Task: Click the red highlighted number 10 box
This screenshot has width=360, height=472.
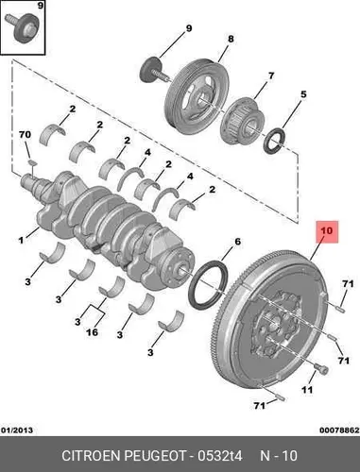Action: (327, 231)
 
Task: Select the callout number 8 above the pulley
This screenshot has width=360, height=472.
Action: (231, 39)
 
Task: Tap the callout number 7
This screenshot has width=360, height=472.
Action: (271, 76)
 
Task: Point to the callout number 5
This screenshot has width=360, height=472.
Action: (303, 94)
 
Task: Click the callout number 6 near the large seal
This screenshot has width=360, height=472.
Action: (237, 242)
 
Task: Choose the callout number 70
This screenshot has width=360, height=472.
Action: (26, 135)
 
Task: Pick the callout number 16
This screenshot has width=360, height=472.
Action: (92, 331)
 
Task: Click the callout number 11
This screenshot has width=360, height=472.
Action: (307, 390)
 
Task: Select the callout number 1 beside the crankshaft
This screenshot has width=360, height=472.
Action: (21, 241)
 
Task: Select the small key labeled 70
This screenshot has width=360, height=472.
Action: (32, 162)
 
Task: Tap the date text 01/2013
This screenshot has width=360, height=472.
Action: (17, 430)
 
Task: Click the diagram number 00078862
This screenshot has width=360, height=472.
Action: (339, 430)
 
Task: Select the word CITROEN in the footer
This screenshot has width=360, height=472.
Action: (92, 456)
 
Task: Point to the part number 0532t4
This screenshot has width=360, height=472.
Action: (220, 456)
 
